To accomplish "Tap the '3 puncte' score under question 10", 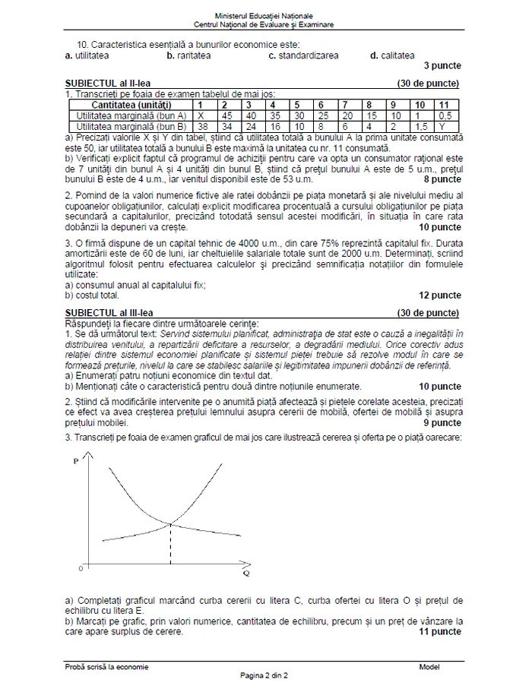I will click(442, 66).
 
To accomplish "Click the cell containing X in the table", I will click(201, 115).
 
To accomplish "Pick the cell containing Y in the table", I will click(445, 126).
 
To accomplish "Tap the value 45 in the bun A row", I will click(225, 115).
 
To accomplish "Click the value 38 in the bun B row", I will click(201, 126).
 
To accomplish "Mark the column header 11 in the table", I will click(445, 105).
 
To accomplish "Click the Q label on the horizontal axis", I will click(247, 573).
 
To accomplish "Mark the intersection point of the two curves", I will click(170, 523).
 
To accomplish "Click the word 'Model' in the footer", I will click(429, 667).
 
